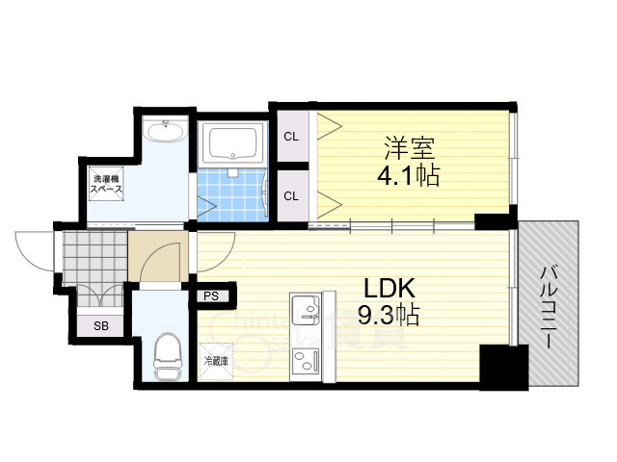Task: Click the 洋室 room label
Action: [x=410, y=149]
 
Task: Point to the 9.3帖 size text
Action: [x=387, y=315]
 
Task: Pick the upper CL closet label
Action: [x=290, y=136]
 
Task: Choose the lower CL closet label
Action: [x=290, y=196]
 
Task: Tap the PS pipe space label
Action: [x=210, y=296]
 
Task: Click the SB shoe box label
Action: [x=100, y=325]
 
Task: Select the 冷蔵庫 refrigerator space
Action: [x=214, y=361]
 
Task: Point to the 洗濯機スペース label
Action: [x=105, y=186]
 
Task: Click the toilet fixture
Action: [x=168, y=352]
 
